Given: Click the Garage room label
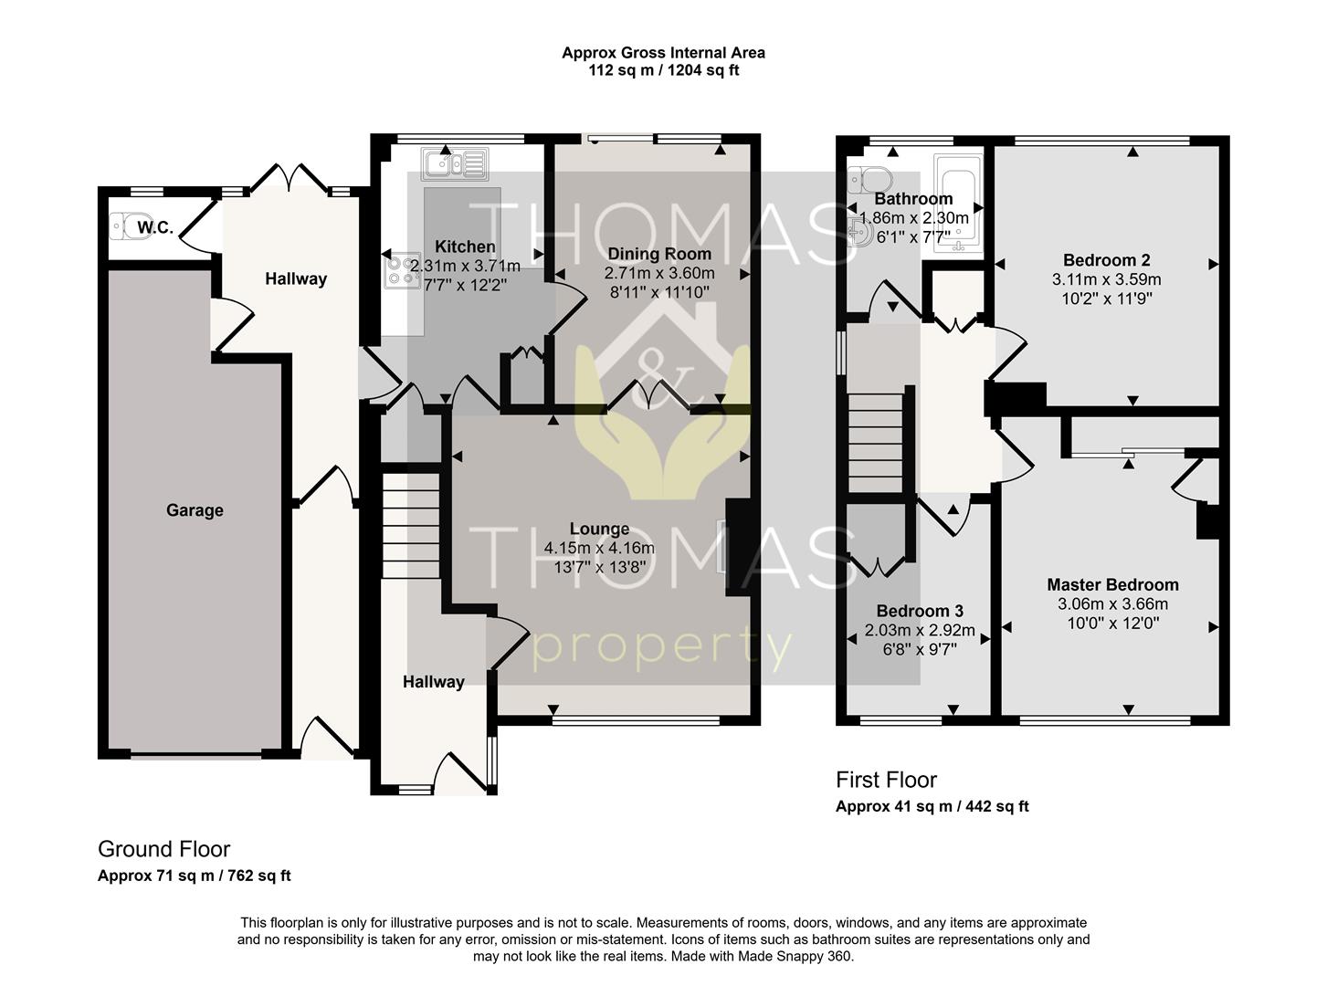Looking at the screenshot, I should point(195,510).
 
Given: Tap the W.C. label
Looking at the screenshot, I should point(155,227).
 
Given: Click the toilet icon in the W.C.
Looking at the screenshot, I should point(121,226).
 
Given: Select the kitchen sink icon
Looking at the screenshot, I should point(454,164).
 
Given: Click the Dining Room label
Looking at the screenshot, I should point(658,254).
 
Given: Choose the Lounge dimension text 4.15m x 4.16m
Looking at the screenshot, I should point(599,548).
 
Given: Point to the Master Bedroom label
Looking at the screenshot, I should point(1112,584).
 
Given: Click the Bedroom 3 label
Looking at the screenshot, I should point(920,611).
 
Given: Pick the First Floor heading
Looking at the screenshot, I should point(886,780).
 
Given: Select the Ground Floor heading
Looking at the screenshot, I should point(163,849).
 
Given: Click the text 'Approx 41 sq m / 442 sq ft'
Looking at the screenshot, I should point(932,806).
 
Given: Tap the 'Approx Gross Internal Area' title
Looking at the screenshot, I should point(663,53).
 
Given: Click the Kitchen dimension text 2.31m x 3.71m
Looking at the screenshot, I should point(465,267).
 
